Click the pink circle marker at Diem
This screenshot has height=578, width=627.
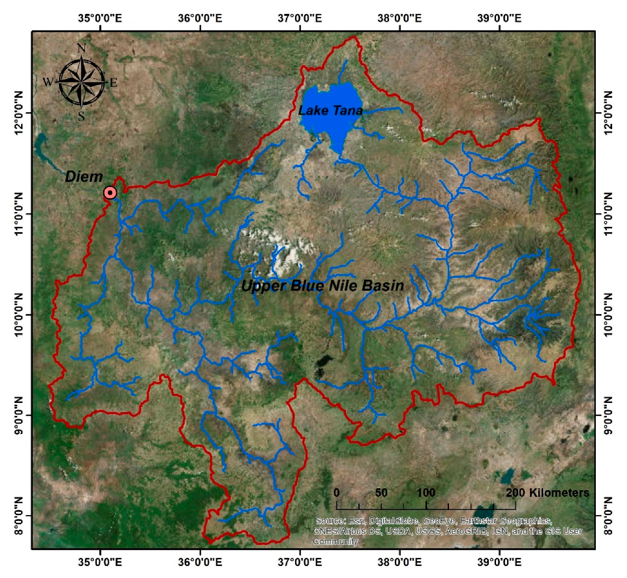110,193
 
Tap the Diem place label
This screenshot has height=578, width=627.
84,177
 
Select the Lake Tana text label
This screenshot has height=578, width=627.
330,111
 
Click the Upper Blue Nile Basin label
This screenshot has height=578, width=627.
322,286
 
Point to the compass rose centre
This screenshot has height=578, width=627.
82,82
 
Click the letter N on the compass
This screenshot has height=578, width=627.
82,48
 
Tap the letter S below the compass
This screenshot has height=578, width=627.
82,116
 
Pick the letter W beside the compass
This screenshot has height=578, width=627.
48,83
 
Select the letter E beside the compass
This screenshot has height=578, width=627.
114,83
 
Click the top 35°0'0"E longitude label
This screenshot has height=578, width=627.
100,19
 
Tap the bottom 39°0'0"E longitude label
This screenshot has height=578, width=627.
499,562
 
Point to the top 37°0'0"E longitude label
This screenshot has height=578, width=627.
300,19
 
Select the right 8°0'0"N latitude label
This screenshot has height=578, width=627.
608,516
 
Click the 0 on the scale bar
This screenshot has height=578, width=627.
337,493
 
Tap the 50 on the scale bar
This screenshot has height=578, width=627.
381,493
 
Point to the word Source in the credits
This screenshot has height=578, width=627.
330,521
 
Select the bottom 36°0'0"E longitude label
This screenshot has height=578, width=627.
200,562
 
